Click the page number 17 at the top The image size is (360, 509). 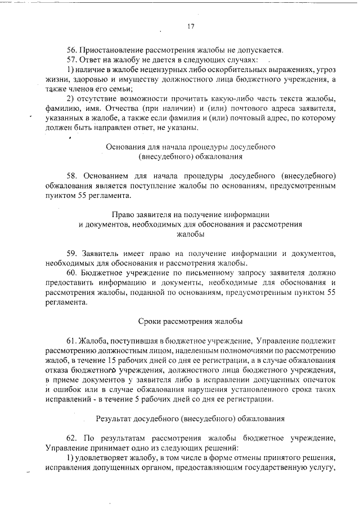190,26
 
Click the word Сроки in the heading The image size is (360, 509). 149,322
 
